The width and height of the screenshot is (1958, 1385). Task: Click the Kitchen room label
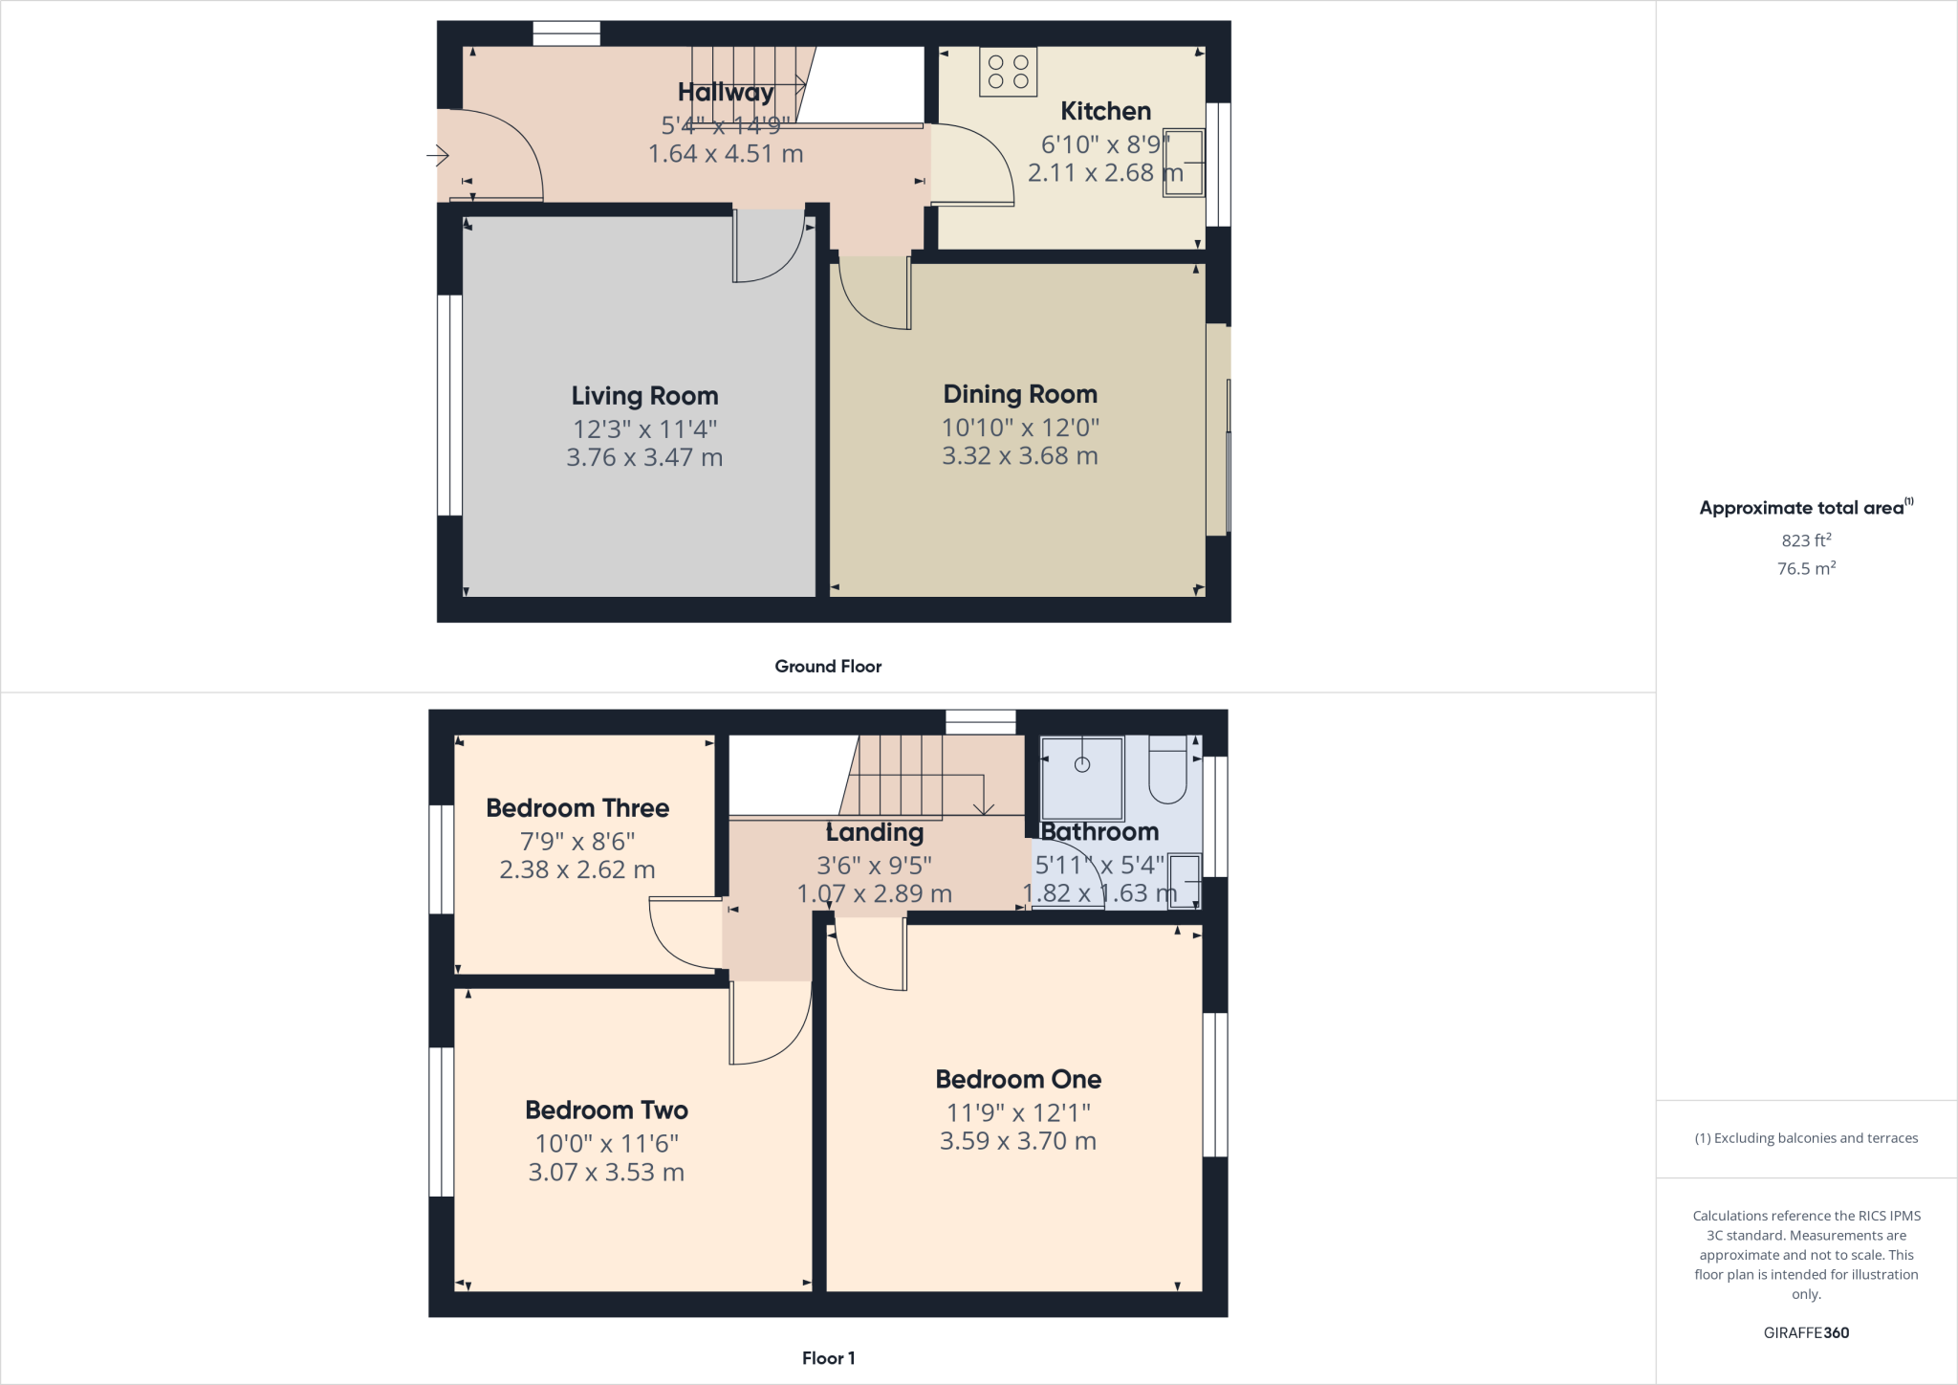(1105, 111)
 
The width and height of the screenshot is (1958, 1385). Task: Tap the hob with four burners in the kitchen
(1008, 72)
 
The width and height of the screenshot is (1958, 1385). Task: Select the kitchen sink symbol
(1183, 163)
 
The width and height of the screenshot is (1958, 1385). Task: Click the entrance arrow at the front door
(438, 155)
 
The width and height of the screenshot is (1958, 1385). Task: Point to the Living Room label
(644, 396)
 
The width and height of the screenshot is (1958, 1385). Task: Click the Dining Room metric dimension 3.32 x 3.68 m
(1019, 456)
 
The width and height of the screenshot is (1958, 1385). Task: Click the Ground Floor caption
(828, 667)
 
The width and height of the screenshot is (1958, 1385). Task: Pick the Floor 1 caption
(828, 1358)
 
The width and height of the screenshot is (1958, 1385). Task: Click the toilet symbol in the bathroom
(1166, 772)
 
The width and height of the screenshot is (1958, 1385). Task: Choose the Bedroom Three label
(577, 808)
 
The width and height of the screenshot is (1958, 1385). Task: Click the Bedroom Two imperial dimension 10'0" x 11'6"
(606, 1143)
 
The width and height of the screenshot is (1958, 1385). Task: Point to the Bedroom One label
(1018, 1080)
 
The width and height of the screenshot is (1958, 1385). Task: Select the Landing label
(875, 833)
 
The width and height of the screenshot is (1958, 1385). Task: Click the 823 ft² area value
(1806, 540)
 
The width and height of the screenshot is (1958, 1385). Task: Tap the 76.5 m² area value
(1806, 569)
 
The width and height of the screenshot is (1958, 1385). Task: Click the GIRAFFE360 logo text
(1806, 1332)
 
